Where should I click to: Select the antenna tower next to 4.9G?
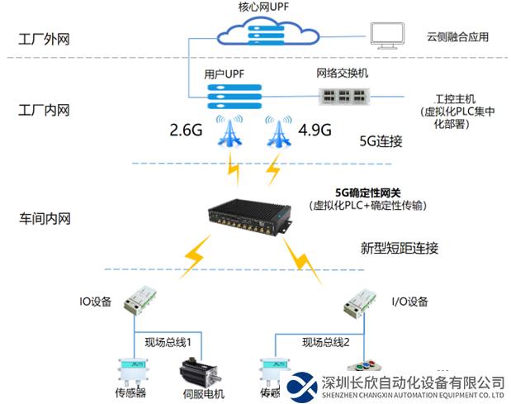277,131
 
